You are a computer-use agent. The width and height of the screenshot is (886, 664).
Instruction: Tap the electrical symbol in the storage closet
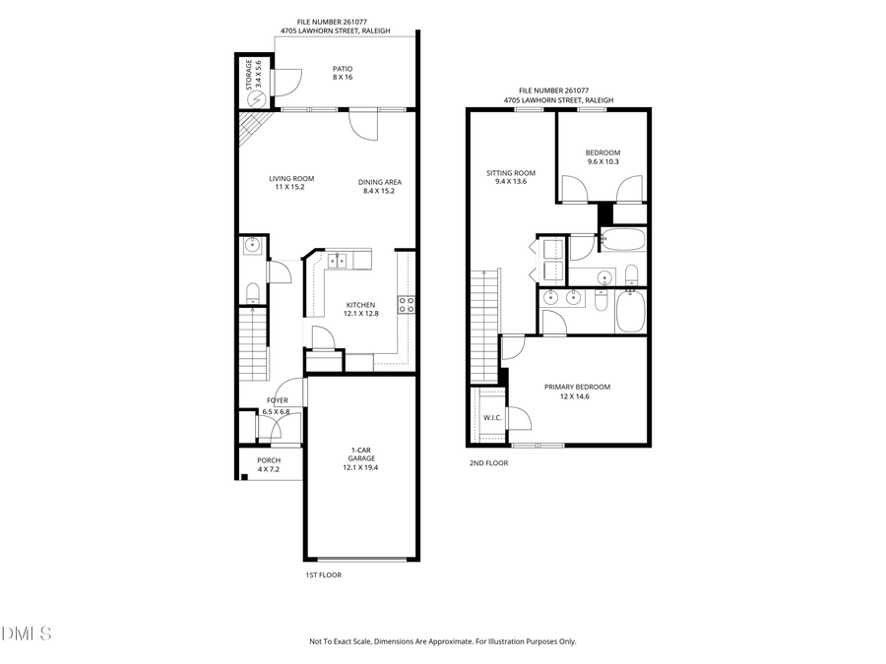click(x=257, y=99)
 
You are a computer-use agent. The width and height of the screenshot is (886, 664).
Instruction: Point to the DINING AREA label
click(x=379, y=186)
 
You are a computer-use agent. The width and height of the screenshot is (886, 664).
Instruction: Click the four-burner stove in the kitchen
click(x=406, y=305)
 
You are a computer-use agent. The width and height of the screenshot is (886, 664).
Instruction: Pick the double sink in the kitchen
click(x=338, y=261)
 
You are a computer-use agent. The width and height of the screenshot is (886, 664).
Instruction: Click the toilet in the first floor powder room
click(x=252, y=290)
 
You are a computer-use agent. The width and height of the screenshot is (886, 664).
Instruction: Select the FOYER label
click(x=277, y=405)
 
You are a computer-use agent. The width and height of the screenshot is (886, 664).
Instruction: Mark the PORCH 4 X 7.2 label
click(x=269, y=464)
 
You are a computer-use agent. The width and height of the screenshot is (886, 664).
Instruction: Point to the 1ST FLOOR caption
click(x=323, y=575)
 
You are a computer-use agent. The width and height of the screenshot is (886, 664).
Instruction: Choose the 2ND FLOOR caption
click(x=488, y=462)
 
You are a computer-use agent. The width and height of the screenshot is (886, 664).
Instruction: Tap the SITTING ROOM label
click(x=511, y=177)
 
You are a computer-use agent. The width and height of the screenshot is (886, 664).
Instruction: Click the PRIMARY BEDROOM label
click(x=577, y=392)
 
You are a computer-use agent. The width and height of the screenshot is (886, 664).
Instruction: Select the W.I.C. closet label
click(x=492, y=418)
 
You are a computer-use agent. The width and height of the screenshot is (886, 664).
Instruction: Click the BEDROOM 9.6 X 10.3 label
click(x=602, y=157)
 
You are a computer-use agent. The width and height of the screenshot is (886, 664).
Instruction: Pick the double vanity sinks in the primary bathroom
click(x=561, y=297)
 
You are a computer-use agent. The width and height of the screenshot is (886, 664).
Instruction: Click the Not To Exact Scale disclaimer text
click(x=442, y=641)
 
